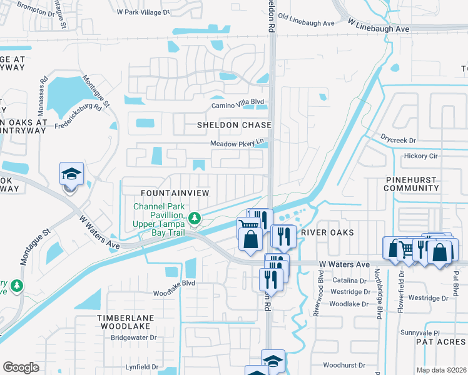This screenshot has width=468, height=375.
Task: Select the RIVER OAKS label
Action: tap(327, 232)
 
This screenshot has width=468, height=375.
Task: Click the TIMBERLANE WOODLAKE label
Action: tap(124, 322)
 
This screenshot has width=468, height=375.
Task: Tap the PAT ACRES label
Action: tap(441, 342)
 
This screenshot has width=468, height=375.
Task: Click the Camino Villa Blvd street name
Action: tap(237, 102)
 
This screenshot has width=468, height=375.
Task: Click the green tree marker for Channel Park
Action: tap(195, 218)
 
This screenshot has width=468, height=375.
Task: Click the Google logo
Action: tap(21, 367)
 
